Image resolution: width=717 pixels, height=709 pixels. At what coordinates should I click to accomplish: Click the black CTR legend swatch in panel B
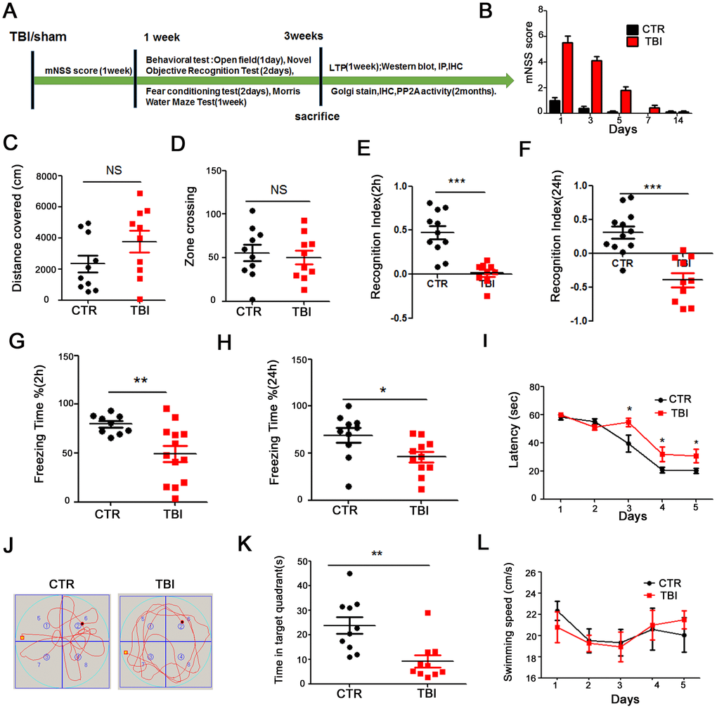click(x=632, y=30)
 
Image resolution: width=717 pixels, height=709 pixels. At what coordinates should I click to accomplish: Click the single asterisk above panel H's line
click(x=384, y=387)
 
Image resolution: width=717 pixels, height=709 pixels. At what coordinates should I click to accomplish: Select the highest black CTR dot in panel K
click(x=350, y=573)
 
